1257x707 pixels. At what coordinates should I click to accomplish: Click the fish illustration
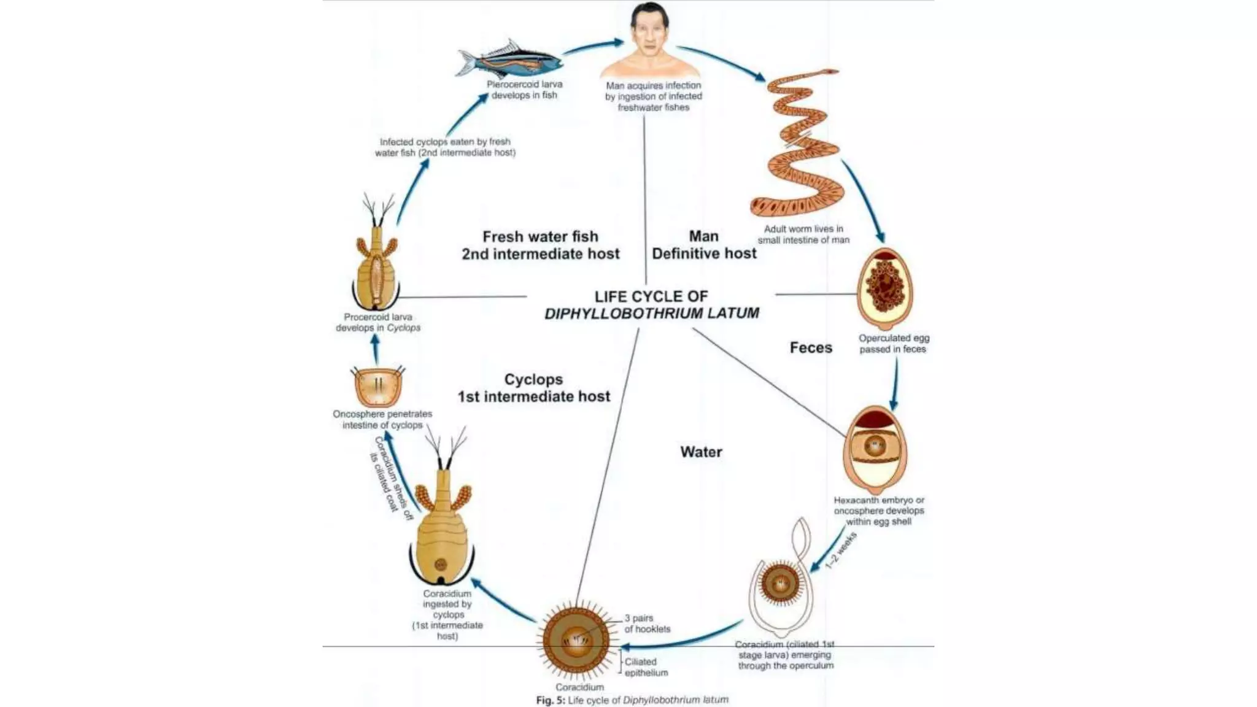coord(509,59)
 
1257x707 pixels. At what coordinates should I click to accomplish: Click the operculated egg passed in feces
coord(884,288)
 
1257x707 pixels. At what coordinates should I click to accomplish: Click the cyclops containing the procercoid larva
coord(375,254)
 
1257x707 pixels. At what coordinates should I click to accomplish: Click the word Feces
coord(811,348)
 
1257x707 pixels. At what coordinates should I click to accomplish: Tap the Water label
coord(701,452)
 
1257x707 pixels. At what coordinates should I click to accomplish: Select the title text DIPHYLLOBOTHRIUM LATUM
coord(652,314)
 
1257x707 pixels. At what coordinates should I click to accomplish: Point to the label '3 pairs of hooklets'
coord(648,624)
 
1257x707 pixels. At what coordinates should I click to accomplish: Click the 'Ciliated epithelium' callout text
coord(646,667)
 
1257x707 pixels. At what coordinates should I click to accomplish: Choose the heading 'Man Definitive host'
coord(704,245)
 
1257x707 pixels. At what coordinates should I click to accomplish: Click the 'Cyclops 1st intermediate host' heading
coord(534,388)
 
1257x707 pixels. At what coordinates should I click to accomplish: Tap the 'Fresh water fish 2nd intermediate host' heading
coord(541,245)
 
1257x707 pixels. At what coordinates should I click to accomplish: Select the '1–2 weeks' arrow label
coord(840,551)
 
